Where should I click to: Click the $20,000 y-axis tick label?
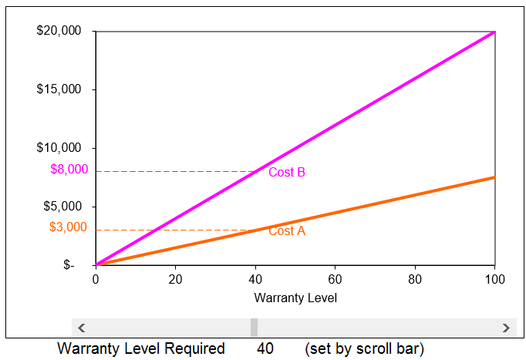click(59, 32)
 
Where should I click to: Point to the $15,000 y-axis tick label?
click(59, 89)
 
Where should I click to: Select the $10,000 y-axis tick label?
click(59, 148)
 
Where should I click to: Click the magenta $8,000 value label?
click(69, 170)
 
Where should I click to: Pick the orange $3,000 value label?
click(69, 227)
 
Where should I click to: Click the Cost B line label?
click(287, 173)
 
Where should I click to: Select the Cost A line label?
click(287, 230)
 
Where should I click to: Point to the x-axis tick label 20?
click(175, 278)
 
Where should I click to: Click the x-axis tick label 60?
click(335, 278)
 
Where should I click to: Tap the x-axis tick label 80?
click(415, 278)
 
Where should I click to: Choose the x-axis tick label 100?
click(494, 278)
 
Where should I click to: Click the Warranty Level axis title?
click(295, 298)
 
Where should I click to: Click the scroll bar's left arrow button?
click(81, 328)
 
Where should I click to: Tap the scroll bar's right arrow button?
click(506, 328)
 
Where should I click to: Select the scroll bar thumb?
click(254, 328)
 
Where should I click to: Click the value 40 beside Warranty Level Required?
click(265, 349)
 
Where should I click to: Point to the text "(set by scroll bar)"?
click(364, 349)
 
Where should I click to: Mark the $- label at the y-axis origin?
click(69, 265)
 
